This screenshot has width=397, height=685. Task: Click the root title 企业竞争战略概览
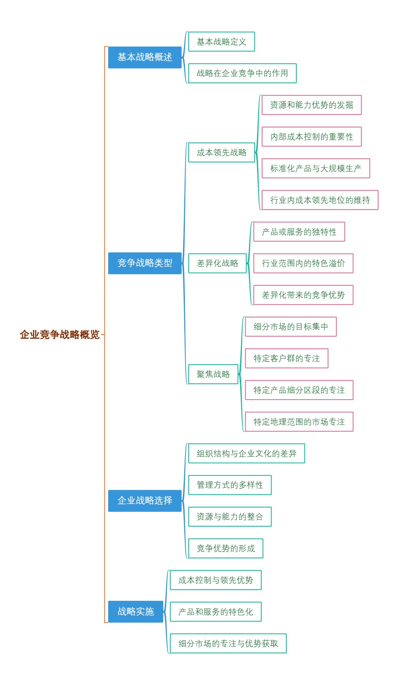pyautogui.click(x=60, y=334)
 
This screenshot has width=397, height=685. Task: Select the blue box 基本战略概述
pyautogui.click(x=145, y=57)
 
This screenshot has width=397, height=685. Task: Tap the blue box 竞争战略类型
pyautogui.click(x=145, y=263)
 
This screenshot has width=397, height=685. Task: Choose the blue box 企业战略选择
pyautogui.click(x=145, y=501)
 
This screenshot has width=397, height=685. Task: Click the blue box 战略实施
pyautogui.click(x=136, y=611)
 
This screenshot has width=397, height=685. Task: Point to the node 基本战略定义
pyautogui.click(x=221, y=42)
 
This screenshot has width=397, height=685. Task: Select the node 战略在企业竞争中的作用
pyautogui.click(x=242, y=73)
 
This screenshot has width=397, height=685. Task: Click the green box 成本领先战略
pyautogui.click(x=221, y=152)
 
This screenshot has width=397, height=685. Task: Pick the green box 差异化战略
pyautogui.click(x=217, y=263)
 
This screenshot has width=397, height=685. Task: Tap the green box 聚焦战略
pyautogui.click(x=213, y=374)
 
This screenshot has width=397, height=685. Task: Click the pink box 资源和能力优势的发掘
pyautogui.click(x=311, y=105)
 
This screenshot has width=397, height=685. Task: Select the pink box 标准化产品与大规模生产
pyautogui.click(x=316, y=168)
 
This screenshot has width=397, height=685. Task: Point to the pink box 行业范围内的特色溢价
pyautogui.click(x=303, y=263)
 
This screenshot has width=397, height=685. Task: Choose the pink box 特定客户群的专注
pyautogui.click(x=287, y=358)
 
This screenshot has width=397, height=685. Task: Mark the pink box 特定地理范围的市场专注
pyautogui.click(x=299, y=422)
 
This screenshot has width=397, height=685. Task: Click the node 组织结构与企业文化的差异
pyautogui.click(x=246, y=453)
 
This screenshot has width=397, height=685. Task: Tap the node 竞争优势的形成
pyautogui.click(x=226, y=548)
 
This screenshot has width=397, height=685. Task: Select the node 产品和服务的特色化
pyautogui.click(x=215, y=612)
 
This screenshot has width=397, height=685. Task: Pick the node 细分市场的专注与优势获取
pyautogui.click(x=228, y=643)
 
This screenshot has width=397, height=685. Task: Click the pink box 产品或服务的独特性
pyautogui.click(x=299, y=232)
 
